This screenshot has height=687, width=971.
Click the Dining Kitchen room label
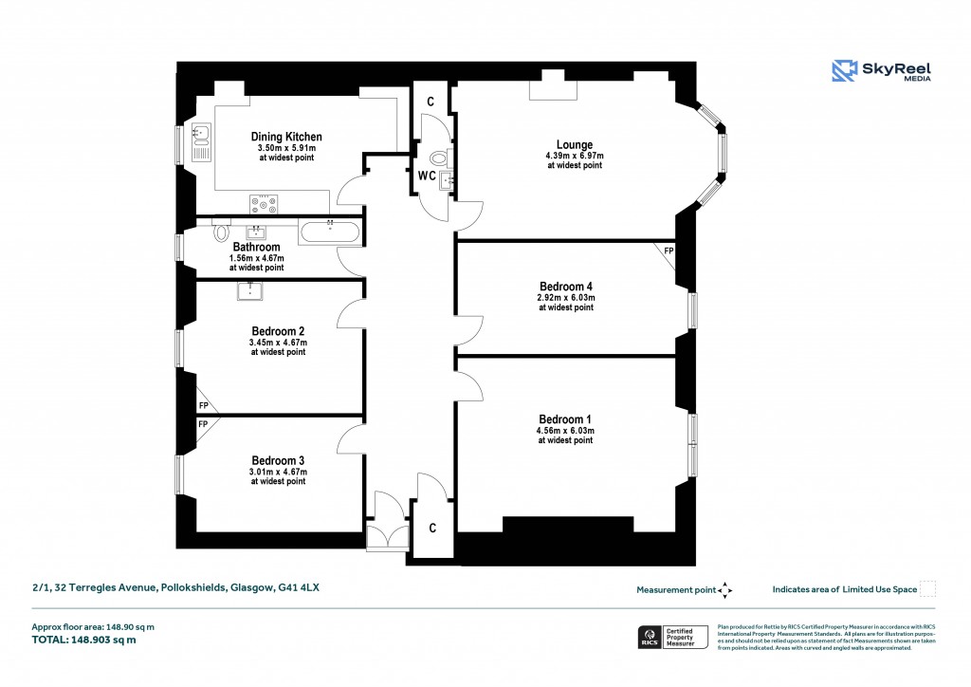pos(285,137)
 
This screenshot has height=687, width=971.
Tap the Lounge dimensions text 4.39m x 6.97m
pos(574,156)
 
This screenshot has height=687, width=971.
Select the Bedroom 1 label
pos(565,419)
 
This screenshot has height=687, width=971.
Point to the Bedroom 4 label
pos(566,287)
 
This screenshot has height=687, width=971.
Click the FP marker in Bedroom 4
pos(669,251)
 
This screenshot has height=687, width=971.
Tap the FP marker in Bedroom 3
pos(203,424)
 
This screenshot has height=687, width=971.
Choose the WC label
pos(427,176)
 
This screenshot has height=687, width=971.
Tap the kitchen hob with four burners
pos(264,203)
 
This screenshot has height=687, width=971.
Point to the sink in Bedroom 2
pos(249,290)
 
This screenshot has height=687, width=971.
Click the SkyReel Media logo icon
pos(845,71)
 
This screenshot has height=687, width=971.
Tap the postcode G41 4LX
pos(298,588)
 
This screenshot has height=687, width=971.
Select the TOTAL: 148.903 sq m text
pos(83,640)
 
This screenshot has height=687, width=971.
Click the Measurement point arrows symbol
pos(725,590)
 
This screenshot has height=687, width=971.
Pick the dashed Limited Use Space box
pos(928,589)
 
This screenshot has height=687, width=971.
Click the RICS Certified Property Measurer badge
pos(673,637)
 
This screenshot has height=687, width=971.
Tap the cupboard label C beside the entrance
pos(431,527)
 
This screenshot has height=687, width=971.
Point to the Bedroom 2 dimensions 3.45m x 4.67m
pos(278,342)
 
